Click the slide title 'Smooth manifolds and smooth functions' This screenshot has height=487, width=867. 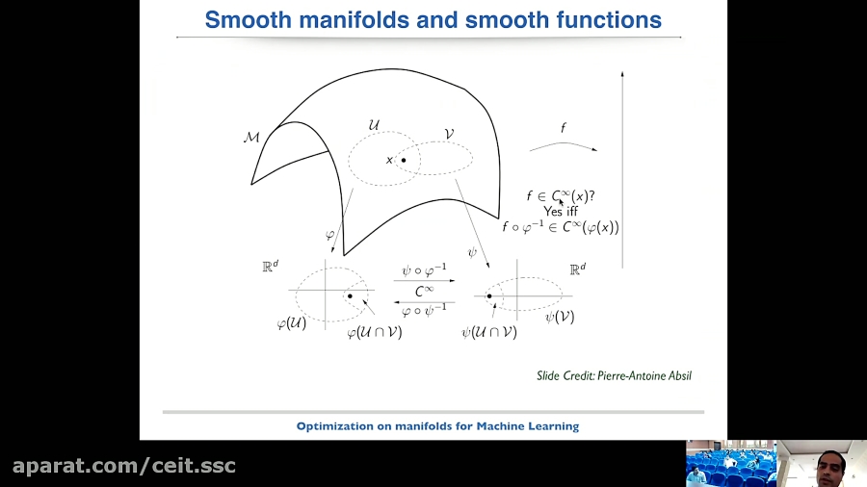coord(433,19)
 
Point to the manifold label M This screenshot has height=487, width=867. coord(251,138)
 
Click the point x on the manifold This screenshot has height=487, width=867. coord(404,160)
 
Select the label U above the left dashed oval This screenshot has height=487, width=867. coord(374,126)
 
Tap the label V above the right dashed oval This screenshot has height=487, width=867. coord(448,135)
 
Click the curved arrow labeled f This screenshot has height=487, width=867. coord(563,145)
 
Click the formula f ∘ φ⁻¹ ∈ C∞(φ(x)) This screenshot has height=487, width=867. coord(560,228)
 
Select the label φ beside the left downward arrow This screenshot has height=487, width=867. coord(329,236)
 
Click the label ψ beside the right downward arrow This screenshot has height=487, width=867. coord(472,252)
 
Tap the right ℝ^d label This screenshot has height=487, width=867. coord(577,269)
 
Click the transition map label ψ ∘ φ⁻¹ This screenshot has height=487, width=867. coord(424,272)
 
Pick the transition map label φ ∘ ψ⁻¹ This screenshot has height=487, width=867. coord(424,310)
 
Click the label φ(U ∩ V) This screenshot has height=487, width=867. coord(374,332)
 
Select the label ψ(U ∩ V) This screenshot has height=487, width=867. coord(488,332)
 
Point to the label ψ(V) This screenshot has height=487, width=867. coord(559,316)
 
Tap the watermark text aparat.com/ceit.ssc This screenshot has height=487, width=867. coord(124,467)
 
